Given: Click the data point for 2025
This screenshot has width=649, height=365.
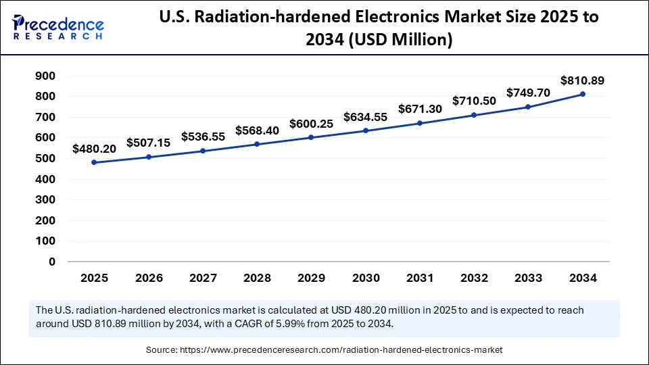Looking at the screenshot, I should point(94,162).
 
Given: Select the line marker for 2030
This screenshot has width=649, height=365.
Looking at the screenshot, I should point(366,130).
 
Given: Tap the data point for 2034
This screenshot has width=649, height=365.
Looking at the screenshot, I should point(583,94).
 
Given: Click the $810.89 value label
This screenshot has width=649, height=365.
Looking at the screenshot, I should point(583,80).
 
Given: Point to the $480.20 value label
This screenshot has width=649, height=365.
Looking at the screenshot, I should point(94,148).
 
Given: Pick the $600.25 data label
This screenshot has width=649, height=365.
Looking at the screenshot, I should point(311,124).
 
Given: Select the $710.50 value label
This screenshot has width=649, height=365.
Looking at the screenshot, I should point(475,101).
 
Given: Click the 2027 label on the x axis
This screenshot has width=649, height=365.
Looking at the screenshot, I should point(203,277).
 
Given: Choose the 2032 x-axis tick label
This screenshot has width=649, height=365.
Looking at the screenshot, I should point(475,277).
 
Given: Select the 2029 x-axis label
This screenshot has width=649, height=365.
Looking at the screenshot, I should point(311,277).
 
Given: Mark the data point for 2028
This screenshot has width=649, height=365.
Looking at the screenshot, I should point(257,144).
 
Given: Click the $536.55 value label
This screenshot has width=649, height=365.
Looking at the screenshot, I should point(203,137).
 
